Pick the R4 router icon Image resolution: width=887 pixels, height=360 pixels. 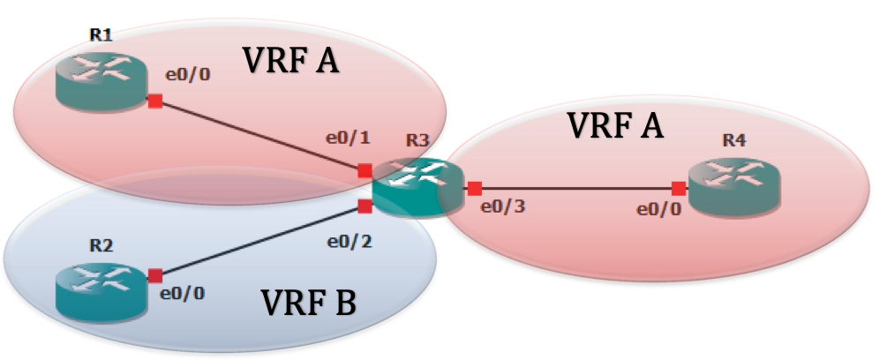tap(733, 184)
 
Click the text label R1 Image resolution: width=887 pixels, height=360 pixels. tap(100, 34)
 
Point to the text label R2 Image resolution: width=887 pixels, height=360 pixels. tap(102, 244)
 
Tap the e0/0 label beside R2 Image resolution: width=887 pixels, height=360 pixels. tap(184, 293)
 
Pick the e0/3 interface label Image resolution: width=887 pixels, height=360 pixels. tap(501, 209)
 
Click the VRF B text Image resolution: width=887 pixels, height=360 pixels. tap(309, 304)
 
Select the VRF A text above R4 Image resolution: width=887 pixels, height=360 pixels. tap(615, 125)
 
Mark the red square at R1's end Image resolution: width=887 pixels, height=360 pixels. tap(154, 101)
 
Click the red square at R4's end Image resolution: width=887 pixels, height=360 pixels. tap(678, 188)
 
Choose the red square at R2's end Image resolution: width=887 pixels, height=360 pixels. tap(154, 275)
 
